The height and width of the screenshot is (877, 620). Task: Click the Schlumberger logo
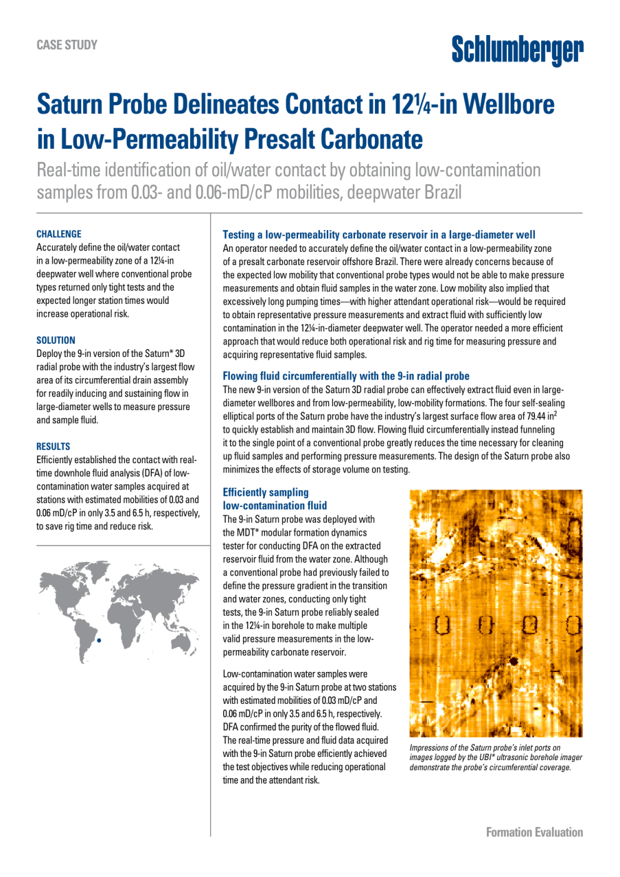[x=517, y=50]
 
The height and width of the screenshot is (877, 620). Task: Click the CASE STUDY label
[x=67, y=45]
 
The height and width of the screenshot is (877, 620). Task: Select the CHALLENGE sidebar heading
[x=59, y=234]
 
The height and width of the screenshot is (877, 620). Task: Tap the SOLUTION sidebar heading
[x=56, y=340]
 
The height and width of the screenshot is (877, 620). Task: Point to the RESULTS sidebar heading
[x=53, y=446]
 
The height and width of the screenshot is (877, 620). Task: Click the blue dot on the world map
[x=99, y=640]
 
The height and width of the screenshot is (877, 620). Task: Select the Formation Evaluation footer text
[x=534, y=832]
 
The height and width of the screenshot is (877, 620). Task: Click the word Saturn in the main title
[x=73, y=104]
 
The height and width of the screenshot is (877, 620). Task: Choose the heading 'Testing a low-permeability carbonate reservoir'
[x=379, y=234]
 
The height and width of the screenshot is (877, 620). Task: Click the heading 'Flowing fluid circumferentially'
[x=346, y=376]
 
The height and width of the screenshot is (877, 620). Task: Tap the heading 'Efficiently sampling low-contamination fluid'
[x=274, y=499]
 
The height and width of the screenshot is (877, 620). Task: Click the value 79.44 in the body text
[x=536, y=416]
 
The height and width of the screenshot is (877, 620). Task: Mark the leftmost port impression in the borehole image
[x=442, y=624]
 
